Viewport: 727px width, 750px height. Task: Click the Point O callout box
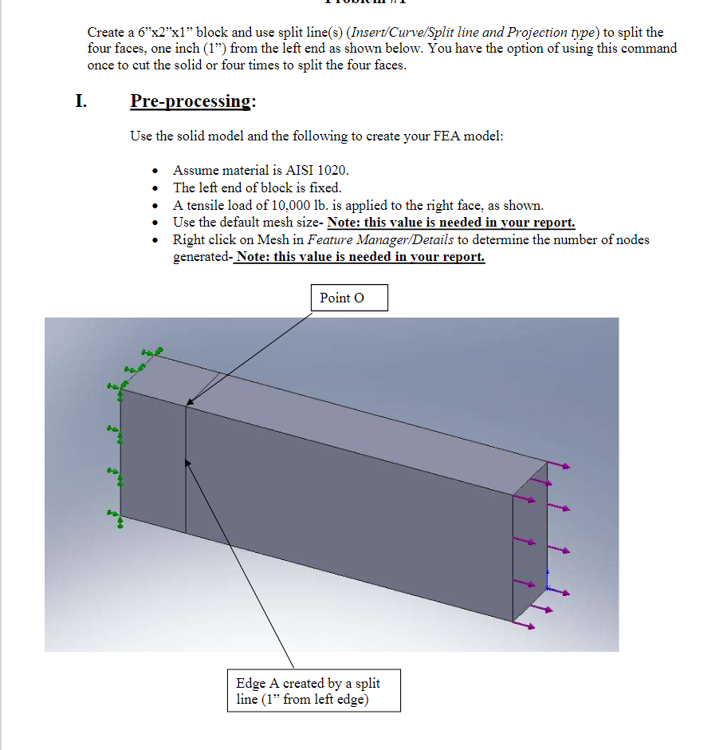tap(348, 298)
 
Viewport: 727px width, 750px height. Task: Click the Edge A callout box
tap(313, 691)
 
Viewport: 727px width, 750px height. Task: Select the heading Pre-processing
tap(193, 101)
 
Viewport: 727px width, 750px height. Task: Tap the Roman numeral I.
tap(81, 101)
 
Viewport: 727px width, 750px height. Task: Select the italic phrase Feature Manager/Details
tap(380, 239)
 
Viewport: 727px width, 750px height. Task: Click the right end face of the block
tap(529, 543)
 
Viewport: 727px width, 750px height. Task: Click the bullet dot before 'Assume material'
tap(155, 171)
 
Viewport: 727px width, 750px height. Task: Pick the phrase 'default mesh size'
tap(254, 223)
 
